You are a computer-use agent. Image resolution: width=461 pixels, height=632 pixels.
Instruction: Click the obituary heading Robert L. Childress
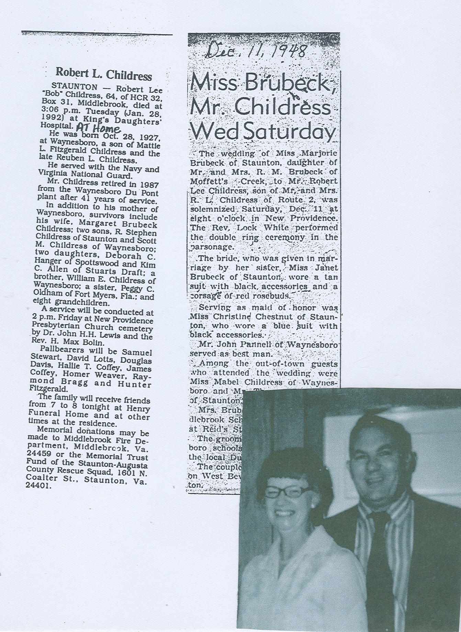point(103,74)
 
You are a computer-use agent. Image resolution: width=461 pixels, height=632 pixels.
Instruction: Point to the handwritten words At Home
point(98,128)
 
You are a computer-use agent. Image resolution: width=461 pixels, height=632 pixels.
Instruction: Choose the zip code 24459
point(37,457)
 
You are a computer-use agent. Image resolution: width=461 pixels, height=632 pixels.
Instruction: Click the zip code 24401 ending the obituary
point(38,486)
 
